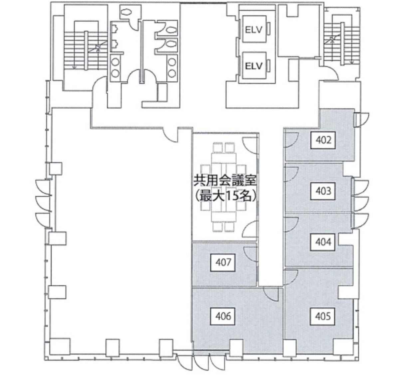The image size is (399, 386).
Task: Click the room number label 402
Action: point(323,140)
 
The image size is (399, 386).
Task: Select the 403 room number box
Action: point(323,191)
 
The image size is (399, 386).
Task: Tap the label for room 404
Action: point(323,242)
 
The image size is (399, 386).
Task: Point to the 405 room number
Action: point(323,316)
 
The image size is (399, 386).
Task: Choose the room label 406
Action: point(223,316)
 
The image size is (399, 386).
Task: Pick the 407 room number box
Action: point(223,262)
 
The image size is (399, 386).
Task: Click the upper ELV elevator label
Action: point(254,30)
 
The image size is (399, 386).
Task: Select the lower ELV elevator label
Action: point(254,66)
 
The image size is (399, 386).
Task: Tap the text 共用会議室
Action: point(225,181)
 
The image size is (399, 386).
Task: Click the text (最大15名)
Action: point(225,196)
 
